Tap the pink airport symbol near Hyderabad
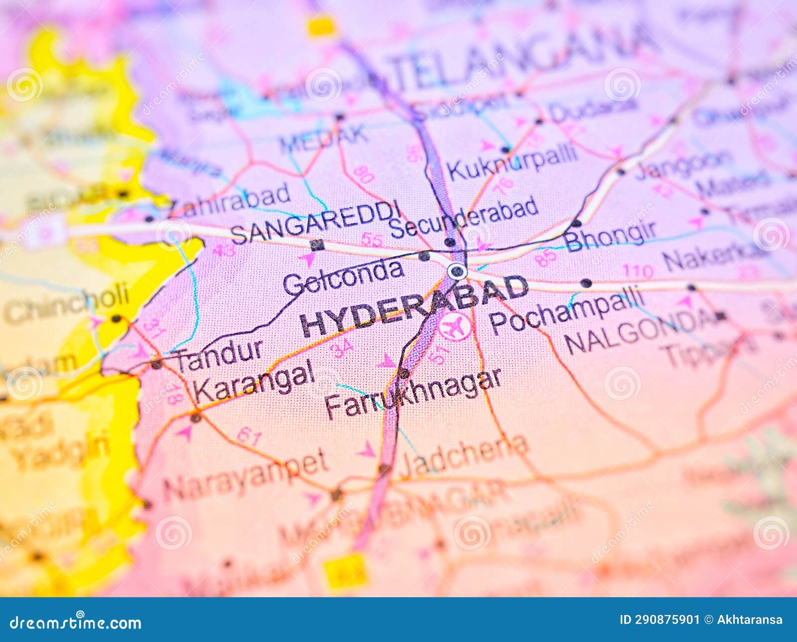455,326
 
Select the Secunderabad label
463,217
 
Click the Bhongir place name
611,235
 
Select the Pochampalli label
567,310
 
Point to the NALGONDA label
640,331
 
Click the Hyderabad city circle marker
457,272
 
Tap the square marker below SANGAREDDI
317,245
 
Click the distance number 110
638,271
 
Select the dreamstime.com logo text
76,622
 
